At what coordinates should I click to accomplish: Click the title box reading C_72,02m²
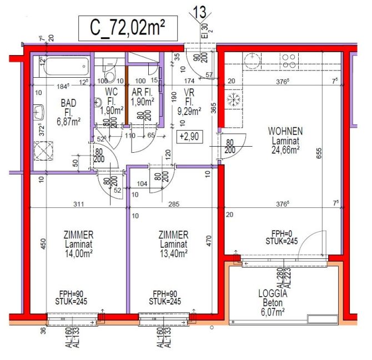click(x=127, y=28)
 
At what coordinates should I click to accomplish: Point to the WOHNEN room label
click(x=285, y=131)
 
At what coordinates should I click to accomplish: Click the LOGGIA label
click(x=272, y=294)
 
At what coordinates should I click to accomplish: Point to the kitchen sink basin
click(x=253, y=59)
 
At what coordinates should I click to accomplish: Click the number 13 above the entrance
click(x=199, y=11)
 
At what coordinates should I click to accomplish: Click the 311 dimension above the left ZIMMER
click(x=79, y=204)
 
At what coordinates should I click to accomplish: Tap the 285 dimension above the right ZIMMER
click(x=174, y=204)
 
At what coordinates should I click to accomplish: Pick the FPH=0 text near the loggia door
click(x=280, y=233)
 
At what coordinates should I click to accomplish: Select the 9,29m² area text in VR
click(x=189, y=111)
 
